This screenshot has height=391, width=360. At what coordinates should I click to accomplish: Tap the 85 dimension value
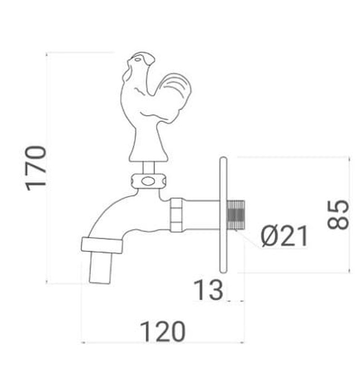coord(339,214)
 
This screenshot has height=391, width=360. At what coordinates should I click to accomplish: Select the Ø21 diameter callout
coord(285,237)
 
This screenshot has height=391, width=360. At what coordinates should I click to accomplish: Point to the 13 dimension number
coord(208,290)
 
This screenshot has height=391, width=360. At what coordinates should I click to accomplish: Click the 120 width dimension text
coord(162,332)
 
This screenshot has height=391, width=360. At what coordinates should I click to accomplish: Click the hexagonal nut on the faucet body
coord(176,214)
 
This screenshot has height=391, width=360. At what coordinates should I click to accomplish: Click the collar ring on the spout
coord(102,245)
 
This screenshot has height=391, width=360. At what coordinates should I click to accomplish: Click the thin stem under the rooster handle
coord(148,167)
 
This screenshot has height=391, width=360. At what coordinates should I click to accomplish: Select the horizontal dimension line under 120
coord(162,342)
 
